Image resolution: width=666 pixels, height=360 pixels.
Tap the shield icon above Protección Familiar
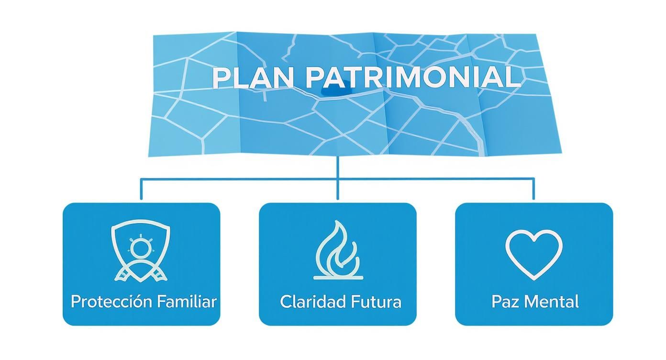[x=141, y=249]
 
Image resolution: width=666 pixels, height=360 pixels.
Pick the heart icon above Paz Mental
[x=534, y=253]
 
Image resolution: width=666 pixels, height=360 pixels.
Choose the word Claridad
[x=306, y=302]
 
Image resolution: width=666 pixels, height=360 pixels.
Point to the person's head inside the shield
[x=141, y=248]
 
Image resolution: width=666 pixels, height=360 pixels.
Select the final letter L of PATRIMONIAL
[x=514, y=78]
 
